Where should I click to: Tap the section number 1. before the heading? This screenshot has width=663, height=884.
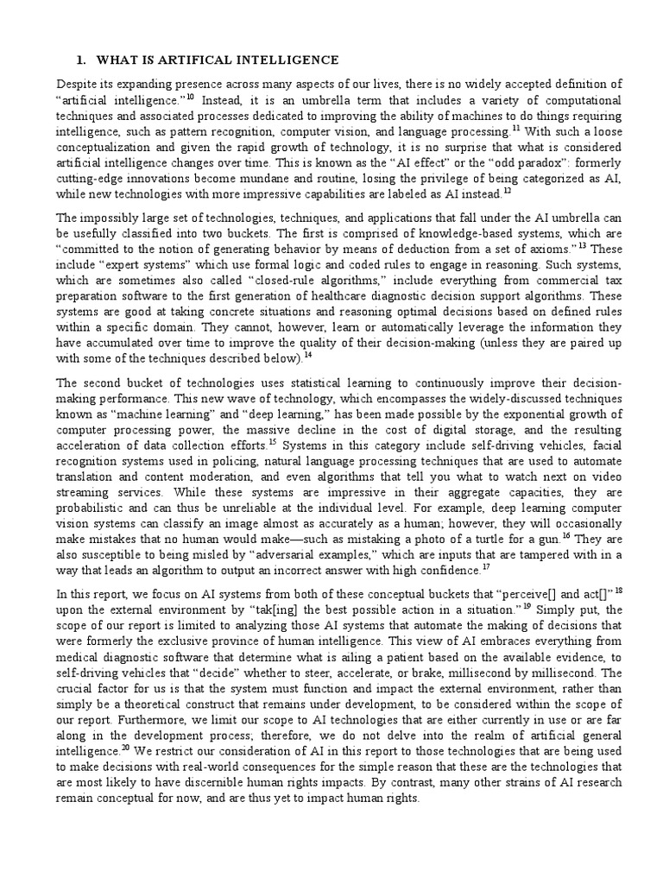81,60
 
